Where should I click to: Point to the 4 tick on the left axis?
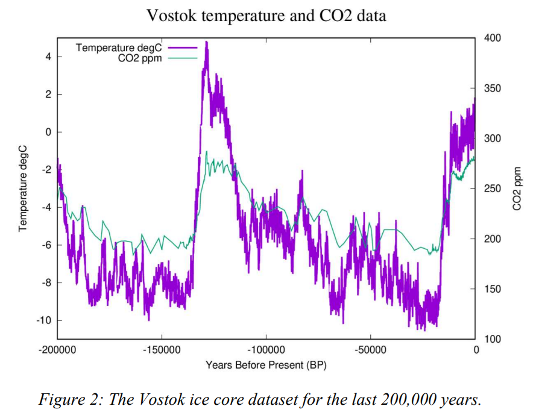coord(49,57)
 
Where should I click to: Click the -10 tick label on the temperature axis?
coord(44,320)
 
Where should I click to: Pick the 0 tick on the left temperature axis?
coord(49,132)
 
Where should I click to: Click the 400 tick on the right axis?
coord(493,38)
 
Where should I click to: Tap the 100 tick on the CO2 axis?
coord(493,339)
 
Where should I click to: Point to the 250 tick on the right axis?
coord(493,189)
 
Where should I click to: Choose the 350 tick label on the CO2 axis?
coord(493,89)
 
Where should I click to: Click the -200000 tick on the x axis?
coord(57,350)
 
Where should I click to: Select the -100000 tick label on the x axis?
coord(266,350)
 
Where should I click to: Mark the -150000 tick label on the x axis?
coord(162,350)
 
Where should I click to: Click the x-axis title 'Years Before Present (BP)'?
coord(266,365)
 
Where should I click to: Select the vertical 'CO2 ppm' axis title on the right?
coord(517,189)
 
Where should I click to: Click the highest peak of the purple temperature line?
coord(207,42)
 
